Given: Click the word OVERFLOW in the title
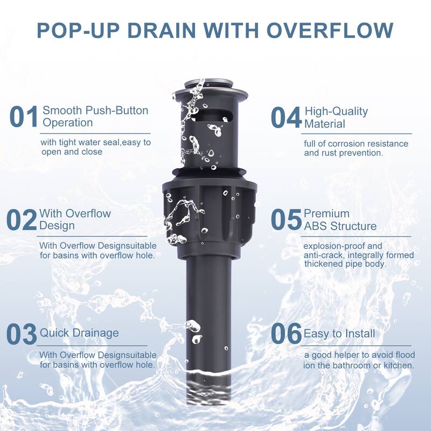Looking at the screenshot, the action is click(330, 30).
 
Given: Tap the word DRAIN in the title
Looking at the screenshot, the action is click(162, 30).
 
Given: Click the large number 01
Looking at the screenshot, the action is click(24, 117).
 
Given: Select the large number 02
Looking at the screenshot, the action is click(22, 220).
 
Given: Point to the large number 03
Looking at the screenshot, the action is click(22, 334).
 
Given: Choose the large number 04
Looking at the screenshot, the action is click(286, 117).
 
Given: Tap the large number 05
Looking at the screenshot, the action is click(286, 219).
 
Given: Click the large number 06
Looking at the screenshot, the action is click(286, 333).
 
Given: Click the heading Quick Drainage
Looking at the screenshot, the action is click(79, 333).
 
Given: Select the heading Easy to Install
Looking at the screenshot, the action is click(339, 333).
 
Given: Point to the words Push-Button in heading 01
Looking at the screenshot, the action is click(117, 110).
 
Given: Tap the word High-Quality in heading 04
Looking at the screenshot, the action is click(336, 112).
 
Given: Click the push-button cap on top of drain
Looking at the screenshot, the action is click(207, 82).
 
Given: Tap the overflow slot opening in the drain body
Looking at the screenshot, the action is click(212, 116).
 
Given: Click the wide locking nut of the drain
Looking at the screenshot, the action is click(210, 214).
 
